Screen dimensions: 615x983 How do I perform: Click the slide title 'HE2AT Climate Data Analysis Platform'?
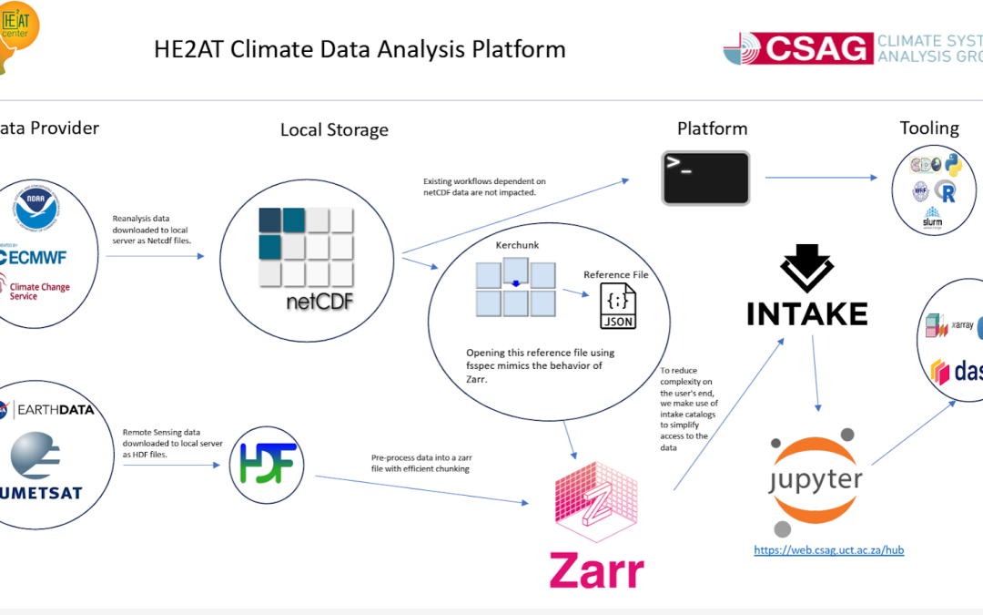pos(360,49)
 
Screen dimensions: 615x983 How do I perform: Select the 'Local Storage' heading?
pos(334,130)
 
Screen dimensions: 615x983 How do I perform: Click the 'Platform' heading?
pos(712,128)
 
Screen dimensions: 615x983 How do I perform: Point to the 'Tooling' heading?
pos(929,128)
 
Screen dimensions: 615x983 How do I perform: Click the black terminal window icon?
pos(705,178)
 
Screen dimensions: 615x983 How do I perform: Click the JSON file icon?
pos(617,307)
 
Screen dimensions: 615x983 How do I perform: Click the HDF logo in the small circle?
pos(266,463)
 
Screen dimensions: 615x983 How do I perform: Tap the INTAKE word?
pos(806,314)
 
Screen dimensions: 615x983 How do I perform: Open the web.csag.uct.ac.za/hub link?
pos(828,550)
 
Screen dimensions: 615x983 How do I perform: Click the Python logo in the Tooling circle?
pos(953,166)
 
